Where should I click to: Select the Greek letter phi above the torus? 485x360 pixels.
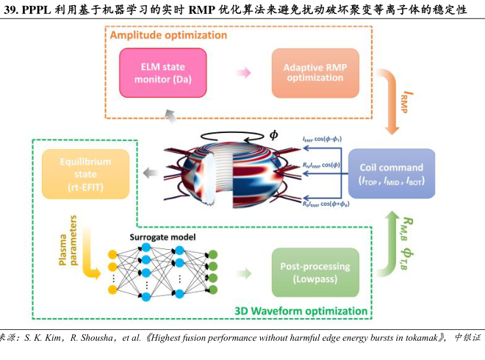(x=273, y=135)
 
